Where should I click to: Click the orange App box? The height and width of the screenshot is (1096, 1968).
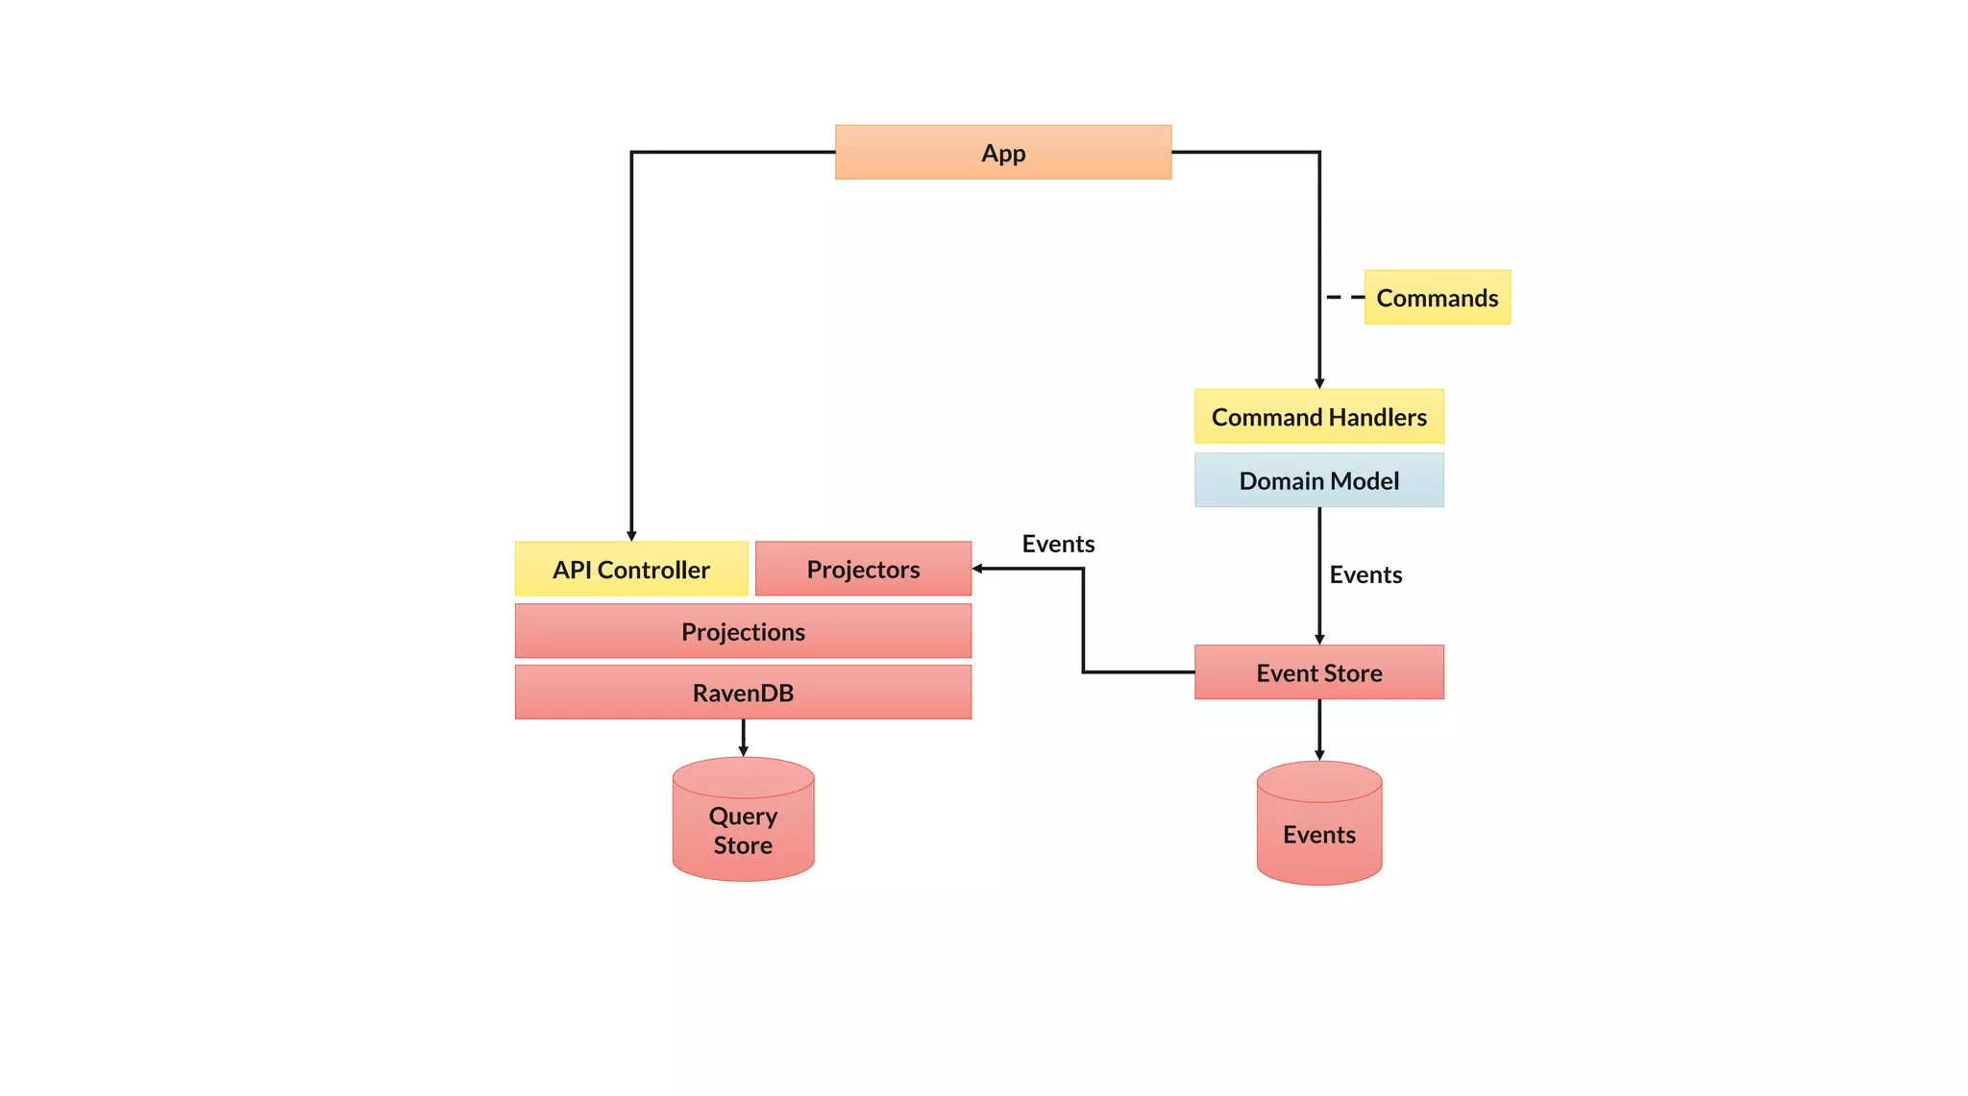point(1002,152)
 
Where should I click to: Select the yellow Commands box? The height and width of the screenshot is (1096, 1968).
point(1437,298)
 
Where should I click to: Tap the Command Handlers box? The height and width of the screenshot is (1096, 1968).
point(1318,417)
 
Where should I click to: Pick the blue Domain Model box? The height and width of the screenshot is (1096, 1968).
point(1318,480)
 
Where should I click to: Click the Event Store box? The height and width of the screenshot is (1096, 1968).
point(1318,672)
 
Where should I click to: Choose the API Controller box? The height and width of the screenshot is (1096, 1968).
point(630,569)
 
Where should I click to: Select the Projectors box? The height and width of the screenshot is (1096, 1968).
point(863,569)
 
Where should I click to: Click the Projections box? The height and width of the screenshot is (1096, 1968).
point(743,631)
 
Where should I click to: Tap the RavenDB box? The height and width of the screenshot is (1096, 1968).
point(743,693)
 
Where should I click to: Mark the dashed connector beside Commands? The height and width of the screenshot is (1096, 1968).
point(1344,298)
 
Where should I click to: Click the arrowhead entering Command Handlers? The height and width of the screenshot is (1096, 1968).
point(1319,383)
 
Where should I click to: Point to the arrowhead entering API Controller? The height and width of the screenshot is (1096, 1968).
point(631,536)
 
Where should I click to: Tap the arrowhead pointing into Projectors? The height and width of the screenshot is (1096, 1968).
point(977,569)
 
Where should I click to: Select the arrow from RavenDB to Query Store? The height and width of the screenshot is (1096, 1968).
point(743,738)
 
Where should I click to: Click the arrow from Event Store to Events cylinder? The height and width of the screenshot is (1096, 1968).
point(1319,730)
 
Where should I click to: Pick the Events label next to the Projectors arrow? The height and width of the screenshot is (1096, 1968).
point(1058,544)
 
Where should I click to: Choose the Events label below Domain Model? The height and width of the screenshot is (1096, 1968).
point(1365,574)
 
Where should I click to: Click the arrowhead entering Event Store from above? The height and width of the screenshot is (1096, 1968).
point(1319,639)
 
